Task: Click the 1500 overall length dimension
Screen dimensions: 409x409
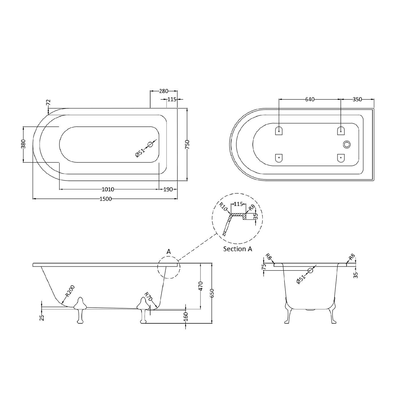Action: pos(106,199)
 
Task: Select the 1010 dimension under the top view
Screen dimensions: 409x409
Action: pos(108,189)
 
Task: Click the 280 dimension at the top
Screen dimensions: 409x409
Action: pos(164,91)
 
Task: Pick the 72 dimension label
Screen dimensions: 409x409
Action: pos(48,102)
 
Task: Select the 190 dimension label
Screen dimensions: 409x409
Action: pos(168,189)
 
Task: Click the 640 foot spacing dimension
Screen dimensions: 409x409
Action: pos(310,99)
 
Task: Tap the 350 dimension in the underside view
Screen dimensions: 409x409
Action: pos(357,99)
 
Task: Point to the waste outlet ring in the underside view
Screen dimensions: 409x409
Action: pos(347,144)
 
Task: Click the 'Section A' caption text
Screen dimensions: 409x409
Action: pos(237,249)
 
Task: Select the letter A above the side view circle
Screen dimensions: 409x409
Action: pos(169,251)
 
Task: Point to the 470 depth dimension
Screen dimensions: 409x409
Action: pos(201,286)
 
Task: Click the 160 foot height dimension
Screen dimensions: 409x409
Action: pos(186,316)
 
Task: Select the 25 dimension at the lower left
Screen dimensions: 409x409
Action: pos(42,318)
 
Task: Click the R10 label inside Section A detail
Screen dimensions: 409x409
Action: pos(223,207)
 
